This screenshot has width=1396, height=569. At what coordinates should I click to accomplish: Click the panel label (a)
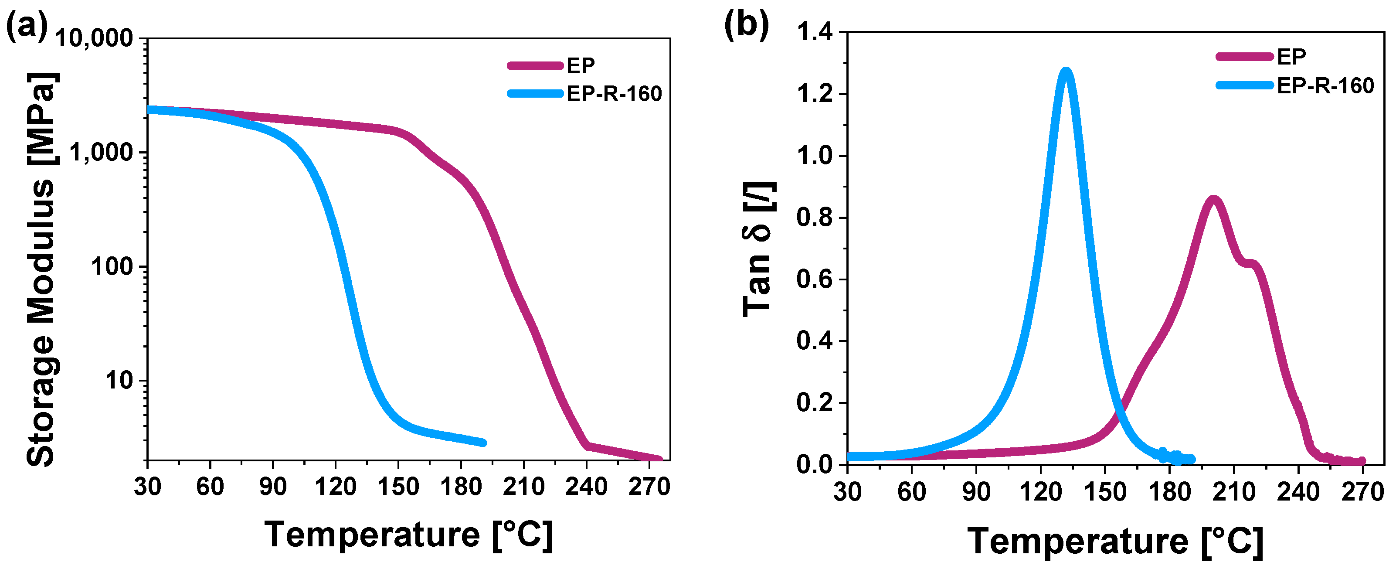click(27, 26)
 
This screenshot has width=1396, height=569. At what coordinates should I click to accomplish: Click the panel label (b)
click(746, 25)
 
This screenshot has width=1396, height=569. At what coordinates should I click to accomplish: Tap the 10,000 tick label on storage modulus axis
click(95, 38)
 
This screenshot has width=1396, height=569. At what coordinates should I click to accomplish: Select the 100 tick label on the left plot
click(112, 267)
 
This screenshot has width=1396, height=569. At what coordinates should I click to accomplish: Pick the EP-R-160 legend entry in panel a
click(614, 94)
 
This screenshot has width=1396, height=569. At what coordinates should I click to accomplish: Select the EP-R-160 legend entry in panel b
click(1325, 85)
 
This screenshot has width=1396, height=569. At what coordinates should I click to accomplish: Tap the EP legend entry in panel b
click(1291, 56)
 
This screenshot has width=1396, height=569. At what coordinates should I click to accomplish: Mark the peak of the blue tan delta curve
click(1066, 72)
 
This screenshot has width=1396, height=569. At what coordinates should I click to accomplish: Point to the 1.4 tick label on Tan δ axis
click(815, 33)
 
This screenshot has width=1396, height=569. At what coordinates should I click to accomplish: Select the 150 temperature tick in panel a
click(398, 487)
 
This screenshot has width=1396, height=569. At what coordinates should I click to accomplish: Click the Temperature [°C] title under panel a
click(409, 535)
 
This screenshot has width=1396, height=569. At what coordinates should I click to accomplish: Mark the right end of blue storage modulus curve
click(483, 443)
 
